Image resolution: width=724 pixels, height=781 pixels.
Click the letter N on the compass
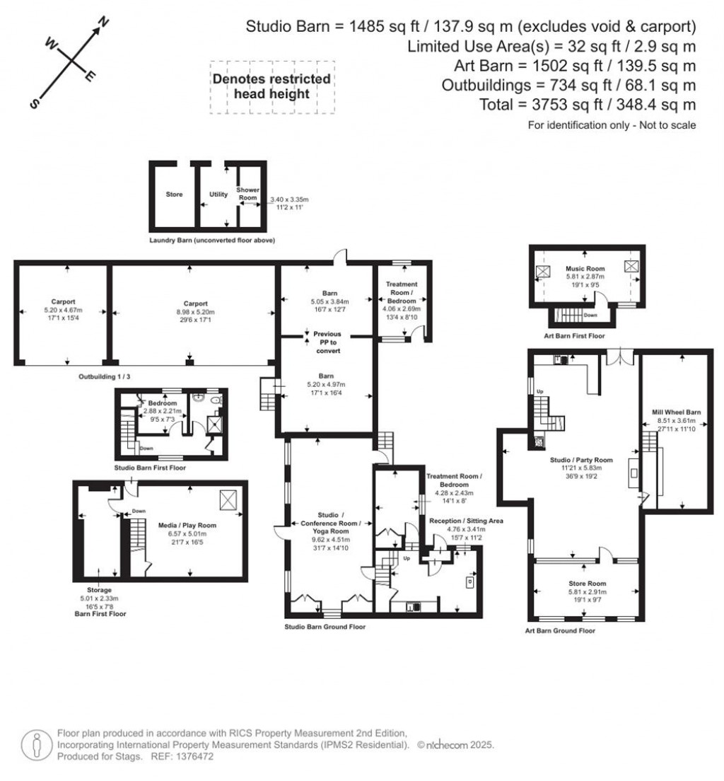(103, 23)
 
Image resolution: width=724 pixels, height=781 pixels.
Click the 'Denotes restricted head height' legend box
(271, 86)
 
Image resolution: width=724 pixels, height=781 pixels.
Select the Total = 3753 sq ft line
(568, 105)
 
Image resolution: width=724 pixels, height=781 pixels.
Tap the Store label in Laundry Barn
(174, 195)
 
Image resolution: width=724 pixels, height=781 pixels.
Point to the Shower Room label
(248, 195)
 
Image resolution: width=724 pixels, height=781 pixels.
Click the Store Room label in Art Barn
(584, 584)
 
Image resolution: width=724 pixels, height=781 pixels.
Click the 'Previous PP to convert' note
(327, 342)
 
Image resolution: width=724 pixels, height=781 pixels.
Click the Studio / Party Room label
(581, 460)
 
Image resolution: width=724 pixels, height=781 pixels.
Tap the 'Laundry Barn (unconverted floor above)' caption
(212, 241)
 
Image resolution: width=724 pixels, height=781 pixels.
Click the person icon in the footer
(35, 744)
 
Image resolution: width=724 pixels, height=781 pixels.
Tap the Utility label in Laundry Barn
(218, 194)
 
